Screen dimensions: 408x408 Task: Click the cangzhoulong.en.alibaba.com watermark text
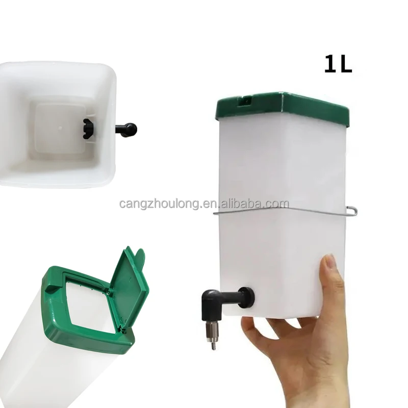point(205,203)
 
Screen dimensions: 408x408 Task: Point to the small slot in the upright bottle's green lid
point(245,100)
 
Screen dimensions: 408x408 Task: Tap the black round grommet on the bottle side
point(247,298)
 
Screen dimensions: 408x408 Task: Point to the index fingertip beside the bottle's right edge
point(328,263)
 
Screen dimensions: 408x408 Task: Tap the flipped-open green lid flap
point(130,286)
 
